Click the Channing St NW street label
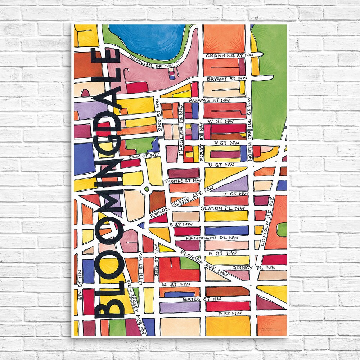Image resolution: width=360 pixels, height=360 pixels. (x=225, y=56)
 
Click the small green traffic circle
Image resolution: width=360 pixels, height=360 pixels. (x=146, y=188)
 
